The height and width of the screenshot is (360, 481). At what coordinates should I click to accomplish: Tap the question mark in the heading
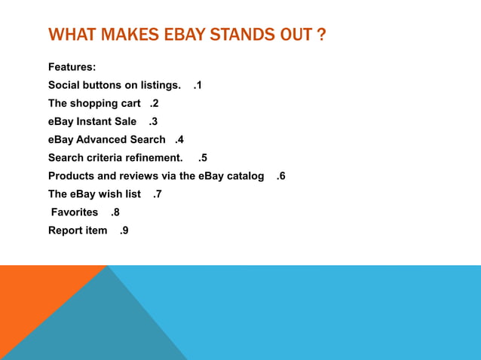click(321, 35)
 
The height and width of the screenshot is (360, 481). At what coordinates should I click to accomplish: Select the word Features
click(72, 68)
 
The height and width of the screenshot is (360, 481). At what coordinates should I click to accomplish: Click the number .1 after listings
click(197, 85)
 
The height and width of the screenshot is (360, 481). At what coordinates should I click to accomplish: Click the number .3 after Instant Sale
click(153, 121)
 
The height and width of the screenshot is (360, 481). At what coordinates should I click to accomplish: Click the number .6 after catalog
click(280, 175)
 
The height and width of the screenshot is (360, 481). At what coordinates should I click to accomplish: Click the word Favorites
click(75, 212)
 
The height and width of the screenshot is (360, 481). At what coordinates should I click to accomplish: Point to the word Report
click(65, 230)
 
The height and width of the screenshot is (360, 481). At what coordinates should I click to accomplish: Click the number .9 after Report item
click(124, 230)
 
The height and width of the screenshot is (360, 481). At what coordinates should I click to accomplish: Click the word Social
click(64, 85)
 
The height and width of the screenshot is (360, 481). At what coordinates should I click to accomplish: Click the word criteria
click(107, 157)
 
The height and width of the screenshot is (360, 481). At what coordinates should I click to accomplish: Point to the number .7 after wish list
click(157, 194)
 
